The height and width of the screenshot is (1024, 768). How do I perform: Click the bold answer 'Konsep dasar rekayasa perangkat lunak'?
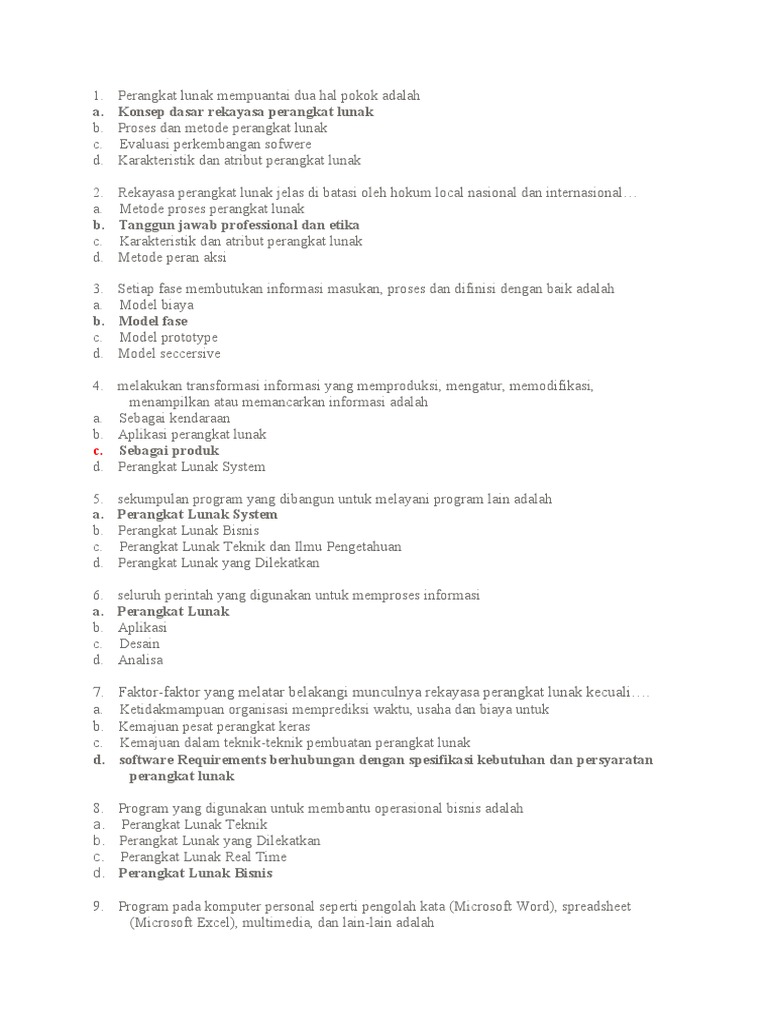tap(246, 112)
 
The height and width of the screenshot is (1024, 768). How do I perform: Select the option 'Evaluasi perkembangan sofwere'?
tap(215, 144)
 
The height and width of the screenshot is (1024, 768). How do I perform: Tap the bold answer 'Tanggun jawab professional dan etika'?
tap(239, 225)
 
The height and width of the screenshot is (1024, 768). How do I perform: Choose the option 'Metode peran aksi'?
tap(172, 257)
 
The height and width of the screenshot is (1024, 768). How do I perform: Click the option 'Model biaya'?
tap(156, 305)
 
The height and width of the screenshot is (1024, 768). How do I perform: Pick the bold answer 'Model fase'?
tap(153, 321)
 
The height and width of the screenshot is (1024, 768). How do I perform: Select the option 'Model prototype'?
tap(168, 337)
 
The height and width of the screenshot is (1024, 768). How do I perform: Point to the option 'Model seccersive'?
tap(169, 353)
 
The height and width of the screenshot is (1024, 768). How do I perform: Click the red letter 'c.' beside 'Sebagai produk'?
tap(98, 451)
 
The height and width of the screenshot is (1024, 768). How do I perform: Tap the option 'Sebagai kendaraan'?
tap(174, 418)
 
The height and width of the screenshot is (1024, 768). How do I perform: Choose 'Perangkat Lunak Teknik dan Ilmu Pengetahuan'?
tap(260, 547)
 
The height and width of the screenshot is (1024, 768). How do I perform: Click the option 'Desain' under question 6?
tap(139, 644)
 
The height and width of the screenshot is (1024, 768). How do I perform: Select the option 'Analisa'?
tap(140, 660)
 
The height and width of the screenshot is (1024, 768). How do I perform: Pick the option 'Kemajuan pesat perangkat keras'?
tap(214, 726)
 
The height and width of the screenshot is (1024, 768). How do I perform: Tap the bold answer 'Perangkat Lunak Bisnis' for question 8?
tap(195, 873)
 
